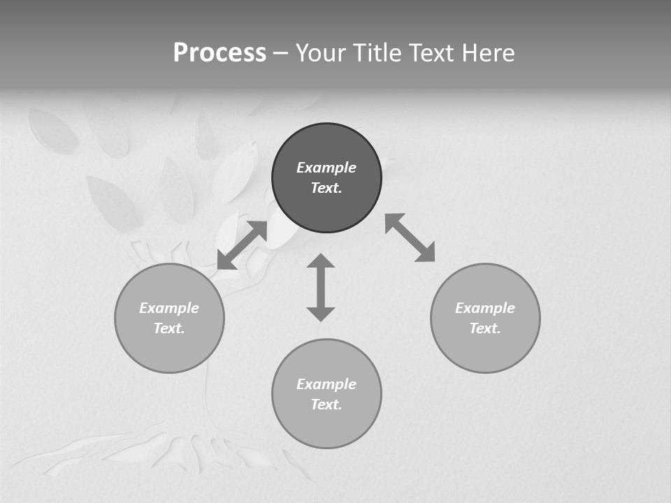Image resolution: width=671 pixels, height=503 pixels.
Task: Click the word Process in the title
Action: point(219,53)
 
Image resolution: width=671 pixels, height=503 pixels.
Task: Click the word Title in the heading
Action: point(378,53)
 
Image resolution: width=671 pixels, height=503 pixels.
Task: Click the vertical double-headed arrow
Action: point(321,287)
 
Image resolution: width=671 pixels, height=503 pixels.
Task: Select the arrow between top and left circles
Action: point(242,245)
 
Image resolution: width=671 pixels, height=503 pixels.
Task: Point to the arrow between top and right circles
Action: point(410,238)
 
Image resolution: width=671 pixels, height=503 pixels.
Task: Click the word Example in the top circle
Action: point(326,168)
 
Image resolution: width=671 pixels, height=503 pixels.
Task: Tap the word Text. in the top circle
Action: point(326,188)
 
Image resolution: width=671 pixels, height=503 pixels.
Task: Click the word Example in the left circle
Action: point(169,308)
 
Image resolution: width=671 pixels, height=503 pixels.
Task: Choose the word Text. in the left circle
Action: point(169,328)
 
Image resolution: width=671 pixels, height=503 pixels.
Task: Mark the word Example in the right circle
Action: point(485,308)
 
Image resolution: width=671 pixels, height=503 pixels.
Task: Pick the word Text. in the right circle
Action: point(485,328)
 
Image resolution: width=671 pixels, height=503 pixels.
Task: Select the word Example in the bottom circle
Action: point(326,384)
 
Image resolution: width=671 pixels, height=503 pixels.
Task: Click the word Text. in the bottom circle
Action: point(326,404)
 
